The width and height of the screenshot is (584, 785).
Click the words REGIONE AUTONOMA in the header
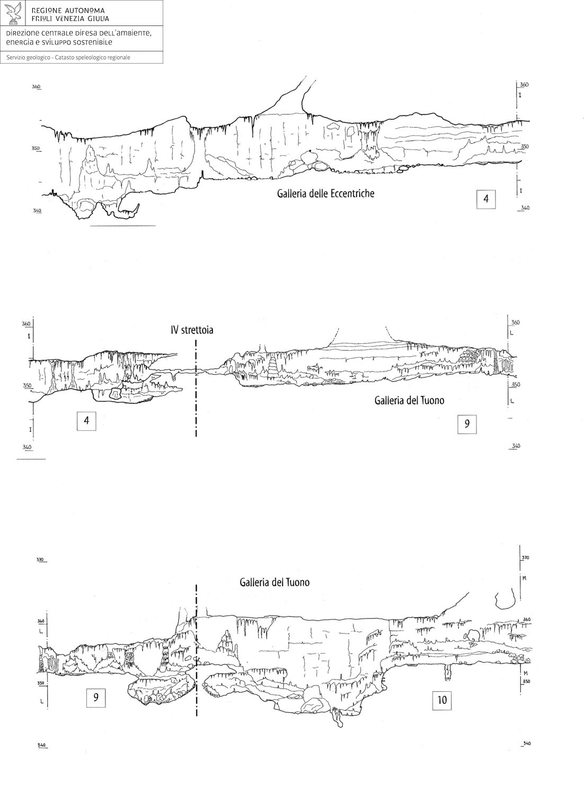pos(68,11)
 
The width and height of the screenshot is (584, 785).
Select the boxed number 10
pos(442,700)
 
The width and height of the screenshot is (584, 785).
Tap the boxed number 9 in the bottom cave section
pos(96,698)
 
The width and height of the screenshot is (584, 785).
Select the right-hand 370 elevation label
pos(525,558)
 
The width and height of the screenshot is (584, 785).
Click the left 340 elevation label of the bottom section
pos(42,746)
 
